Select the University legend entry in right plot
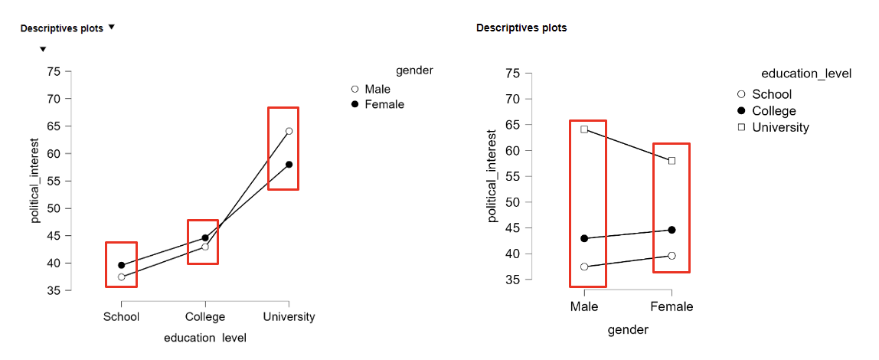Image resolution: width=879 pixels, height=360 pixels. [780, 128]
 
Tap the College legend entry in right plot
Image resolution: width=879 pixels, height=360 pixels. [773, 111]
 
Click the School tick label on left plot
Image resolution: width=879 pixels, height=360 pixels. [121, 317]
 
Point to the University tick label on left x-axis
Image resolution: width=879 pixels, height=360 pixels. [289, 317]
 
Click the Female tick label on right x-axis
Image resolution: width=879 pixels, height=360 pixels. [672, 307]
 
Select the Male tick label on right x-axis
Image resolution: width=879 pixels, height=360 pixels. [584, 307]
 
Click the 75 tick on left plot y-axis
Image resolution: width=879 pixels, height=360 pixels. [53, 72]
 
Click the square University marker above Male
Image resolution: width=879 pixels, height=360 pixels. [584, 129]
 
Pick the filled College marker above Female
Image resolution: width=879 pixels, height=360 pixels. [672, 230]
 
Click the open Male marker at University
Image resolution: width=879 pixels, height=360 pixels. [289, 131]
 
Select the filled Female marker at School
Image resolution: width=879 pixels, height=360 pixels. [121, 265]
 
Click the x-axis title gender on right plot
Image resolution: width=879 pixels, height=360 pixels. [628, 330]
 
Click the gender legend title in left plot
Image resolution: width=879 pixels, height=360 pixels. [414, 70]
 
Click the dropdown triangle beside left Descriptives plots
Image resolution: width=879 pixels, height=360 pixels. [111, 28]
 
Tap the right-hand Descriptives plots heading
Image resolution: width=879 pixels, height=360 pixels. [521, 28]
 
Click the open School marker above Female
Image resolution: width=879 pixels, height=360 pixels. [672, 256]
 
